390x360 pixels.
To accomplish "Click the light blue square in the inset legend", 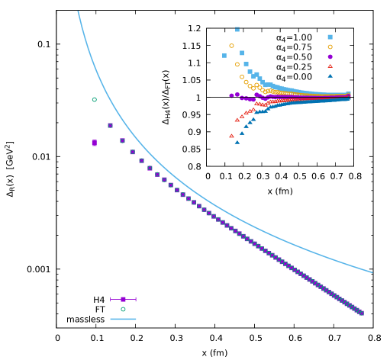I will pos(330,37).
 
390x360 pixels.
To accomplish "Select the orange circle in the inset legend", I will pos(330,47).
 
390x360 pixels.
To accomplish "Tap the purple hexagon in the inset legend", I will pos(330,56).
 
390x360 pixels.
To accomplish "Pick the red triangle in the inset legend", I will pos(330,66).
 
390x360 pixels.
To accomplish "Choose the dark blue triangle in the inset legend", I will pos(330,76).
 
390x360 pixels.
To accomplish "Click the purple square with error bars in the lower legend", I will pos(123,299).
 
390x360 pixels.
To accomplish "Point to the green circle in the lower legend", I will pos(123,309).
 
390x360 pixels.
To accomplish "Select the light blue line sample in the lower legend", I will pos(123,319).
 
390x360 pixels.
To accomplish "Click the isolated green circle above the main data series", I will pos(95,99).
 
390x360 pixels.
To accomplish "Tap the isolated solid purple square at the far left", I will pos(95,143).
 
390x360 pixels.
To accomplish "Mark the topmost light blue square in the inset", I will pos(237,29).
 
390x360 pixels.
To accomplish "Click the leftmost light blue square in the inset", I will pos(224,56).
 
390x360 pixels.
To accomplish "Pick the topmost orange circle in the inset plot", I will pos(231,46).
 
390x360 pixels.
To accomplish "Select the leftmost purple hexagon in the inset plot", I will pos(231,95).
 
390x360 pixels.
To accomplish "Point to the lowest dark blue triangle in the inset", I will pos(237,142).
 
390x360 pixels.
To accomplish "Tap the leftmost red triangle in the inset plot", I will pos(231,136).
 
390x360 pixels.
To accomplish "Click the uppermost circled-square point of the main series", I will pos(110,125).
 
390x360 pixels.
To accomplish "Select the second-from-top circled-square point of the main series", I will pos(122,140).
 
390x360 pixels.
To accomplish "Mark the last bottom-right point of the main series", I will pos(361,313).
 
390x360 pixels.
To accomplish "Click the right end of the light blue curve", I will pos(372,272).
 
